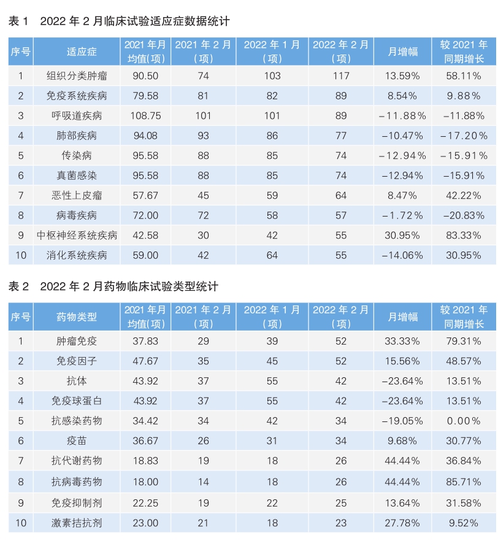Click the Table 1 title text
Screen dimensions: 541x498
click(x=119, y=21)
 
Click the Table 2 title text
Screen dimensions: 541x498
click(x=113, y=286)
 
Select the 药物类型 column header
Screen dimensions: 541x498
click(x=77, y=316)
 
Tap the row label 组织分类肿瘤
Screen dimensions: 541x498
click(x=77, y=75)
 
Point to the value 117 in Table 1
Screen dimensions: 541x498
click(x=341, y=75)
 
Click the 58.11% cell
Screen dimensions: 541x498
click(x=464, y=75)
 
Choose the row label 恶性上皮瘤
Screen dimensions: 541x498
click(x=77, y=195)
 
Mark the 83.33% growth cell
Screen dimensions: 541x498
click(x=464, y=235)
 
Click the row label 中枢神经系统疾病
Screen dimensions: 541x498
click(x=77, y=235)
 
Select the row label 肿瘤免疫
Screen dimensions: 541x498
click(x=77, y=340)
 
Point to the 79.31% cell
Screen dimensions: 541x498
click(x=464, y=340)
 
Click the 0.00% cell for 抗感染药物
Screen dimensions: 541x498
click(x=464, y=421)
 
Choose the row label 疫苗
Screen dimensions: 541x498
click(x=77, y=440)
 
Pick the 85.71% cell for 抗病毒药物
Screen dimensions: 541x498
click(x=464, y=482)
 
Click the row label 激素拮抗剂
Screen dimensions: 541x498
click(x=77, y=523)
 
